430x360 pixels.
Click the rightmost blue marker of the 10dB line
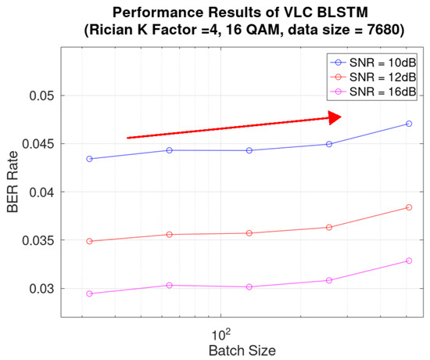point(409,124)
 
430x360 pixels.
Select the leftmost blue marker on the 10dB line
point(89,159)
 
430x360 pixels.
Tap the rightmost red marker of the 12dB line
point(409,207)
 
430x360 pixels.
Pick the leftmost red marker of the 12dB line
point(89,241)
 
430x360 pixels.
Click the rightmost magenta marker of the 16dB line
point(409,261)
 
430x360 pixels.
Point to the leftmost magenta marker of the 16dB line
point(89,293)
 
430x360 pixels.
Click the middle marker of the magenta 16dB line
point(249,287)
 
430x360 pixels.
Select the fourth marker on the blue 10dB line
point(329,144)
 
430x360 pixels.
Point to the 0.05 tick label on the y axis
point(41,95)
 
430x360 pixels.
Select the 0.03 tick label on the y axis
point(41,289)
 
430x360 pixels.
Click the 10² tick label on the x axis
point(221,334)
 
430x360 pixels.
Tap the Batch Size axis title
point(242,351)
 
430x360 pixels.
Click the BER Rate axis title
point(13,182)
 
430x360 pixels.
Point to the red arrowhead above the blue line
point(335,118)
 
